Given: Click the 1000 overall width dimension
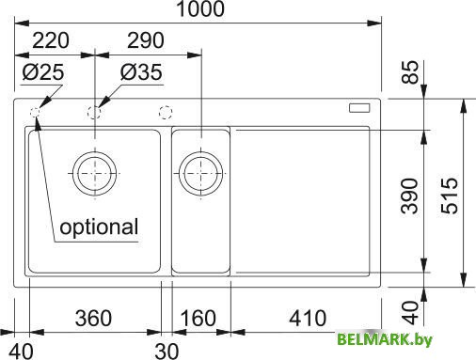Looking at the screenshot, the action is point(201,8).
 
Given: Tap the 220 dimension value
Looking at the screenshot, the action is point(51,40).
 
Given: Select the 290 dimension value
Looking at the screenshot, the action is point(145,40).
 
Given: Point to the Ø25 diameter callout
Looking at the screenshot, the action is point(43,72).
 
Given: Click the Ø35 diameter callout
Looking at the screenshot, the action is point(141,72).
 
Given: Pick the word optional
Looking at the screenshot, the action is point(99,227).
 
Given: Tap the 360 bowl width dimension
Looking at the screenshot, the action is point(93,318).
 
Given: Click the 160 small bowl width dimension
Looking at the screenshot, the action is point(198,318).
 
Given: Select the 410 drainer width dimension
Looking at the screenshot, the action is point(308,318).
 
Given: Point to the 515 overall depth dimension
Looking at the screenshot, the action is point(450,196).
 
